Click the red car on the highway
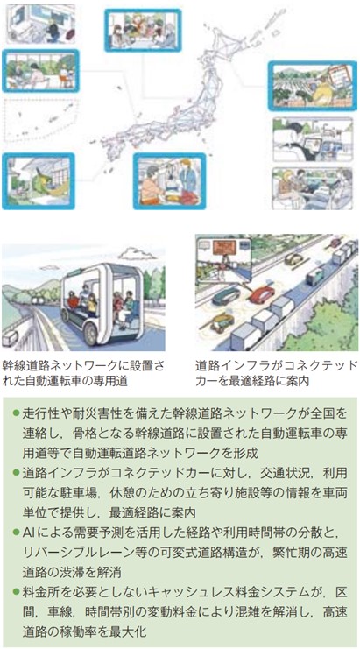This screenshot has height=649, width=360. pyautogui.click(x=263, y=293)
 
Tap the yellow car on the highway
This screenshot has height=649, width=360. pyautogui.click(x=293, y=258)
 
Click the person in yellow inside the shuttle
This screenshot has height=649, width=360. pyautogui.click(x=92, y=307)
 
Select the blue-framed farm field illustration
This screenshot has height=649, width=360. pyautogui.click(x=312, y=86)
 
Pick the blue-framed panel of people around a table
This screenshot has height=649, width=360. pyautogui.click(x=143, y=30)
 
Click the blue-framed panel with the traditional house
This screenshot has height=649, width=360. pyautogui.click(x=39, y=181)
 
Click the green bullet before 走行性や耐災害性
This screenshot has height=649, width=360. pyautogui.click(x=16, y=413)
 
